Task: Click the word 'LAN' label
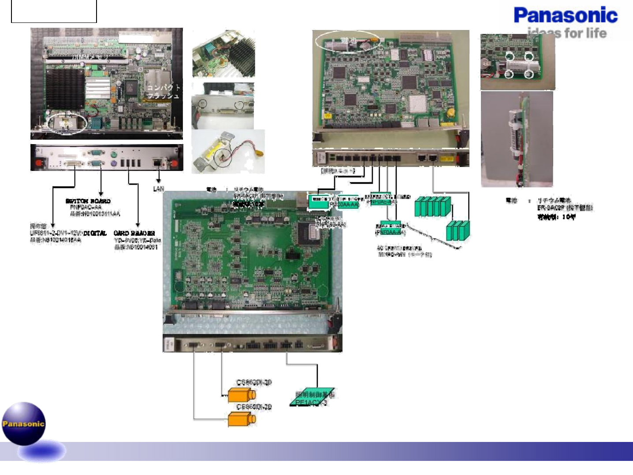click(x=158, y=189)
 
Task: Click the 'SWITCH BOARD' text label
click(x=88, y=201)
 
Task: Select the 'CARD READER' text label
click(x=134, y=233)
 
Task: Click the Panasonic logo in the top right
click(x=566, y=16)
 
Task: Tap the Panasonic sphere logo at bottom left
click(x=24, y=423)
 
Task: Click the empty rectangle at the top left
click(x=54, y=11)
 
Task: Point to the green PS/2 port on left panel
click(x=114, y=155)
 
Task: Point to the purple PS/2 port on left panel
click(x=114, y=163)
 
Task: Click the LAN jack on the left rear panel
click(x=157, y=162)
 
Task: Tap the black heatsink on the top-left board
click(x=65, y=88)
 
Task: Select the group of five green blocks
click(x=432, y=207)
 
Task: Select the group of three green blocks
click(x=458, y=230)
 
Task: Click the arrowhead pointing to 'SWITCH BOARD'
click(x=101, y=194)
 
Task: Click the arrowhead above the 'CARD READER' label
click(x=138, y=225)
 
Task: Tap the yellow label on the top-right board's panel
click(x=447, y=158)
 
